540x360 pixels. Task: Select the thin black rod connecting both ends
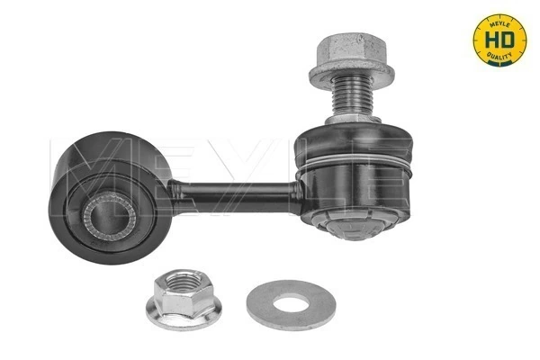tap(234, 190)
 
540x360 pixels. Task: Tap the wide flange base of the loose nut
tap(184, 315)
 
